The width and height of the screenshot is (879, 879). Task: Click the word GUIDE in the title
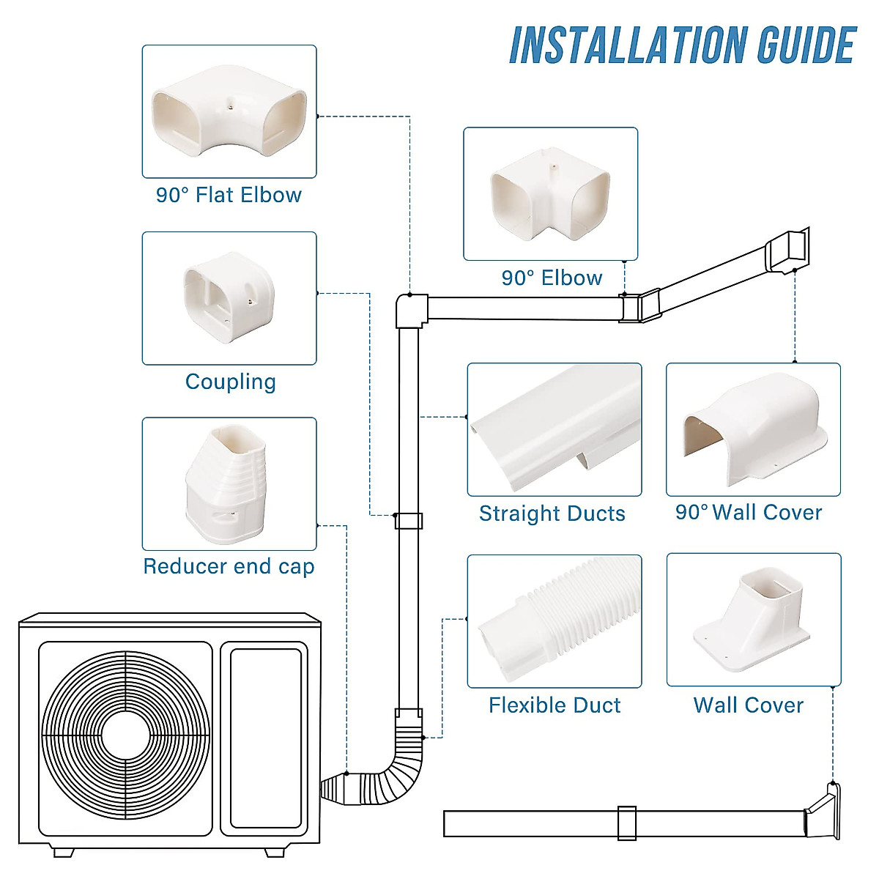806,45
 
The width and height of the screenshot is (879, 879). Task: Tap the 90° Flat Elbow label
229,195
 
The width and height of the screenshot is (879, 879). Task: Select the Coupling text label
230,382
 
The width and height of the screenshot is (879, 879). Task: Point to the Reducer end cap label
229,566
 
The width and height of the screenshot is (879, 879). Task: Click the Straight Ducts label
552,513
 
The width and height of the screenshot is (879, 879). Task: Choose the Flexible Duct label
555,705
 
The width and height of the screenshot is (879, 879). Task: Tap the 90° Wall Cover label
749,513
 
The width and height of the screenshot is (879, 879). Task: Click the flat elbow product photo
229,111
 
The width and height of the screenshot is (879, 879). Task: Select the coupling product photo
229,298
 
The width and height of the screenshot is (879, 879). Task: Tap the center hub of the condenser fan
125,735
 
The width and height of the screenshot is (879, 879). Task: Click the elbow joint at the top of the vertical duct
411,311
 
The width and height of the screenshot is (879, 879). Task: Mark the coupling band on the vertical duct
408,521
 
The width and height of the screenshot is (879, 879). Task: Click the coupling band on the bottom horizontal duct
626,823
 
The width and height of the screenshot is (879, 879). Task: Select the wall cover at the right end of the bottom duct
823,813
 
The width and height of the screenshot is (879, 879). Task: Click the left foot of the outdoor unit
64,852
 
